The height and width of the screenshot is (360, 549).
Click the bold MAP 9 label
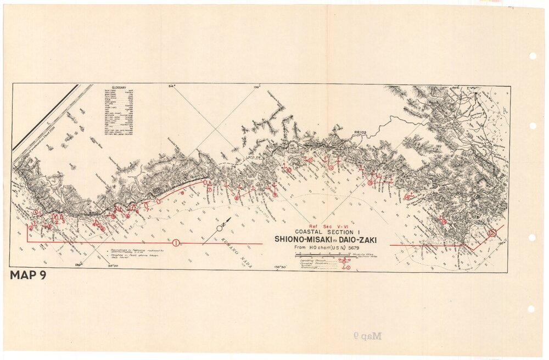coord(27,275)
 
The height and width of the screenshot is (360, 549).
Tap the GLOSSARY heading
coord(119,88)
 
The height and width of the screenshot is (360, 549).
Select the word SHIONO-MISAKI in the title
coord(306,240)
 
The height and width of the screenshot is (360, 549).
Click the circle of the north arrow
coord(220,228)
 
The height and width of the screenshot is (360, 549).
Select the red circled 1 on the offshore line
coord(176,243)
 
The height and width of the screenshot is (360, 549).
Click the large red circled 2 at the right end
coord(492,233)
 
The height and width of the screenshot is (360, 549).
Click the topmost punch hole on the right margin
coord(532,56)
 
